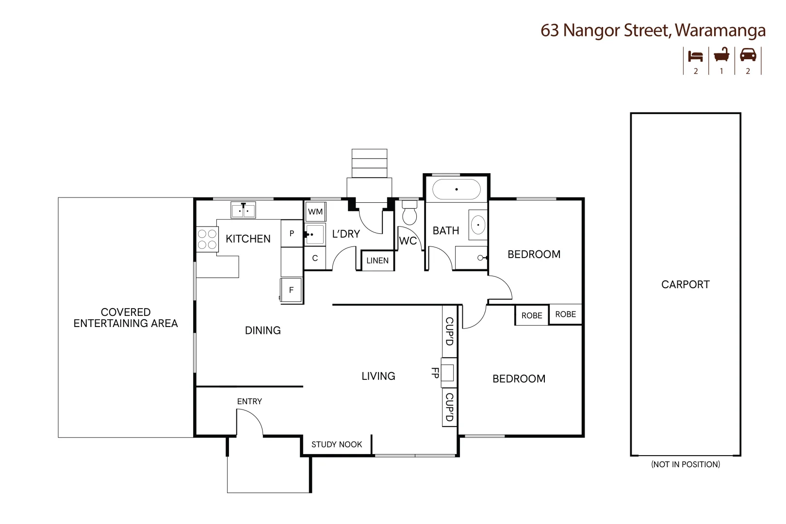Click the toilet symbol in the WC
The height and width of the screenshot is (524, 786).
(410, 213)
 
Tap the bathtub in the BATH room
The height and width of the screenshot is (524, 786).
(456, 189)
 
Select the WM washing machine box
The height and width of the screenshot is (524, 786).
(315, 212)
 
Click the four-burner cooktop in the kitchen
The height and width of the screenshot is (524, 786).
(207, 239)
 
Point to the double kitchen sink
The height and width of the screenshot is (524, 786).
(243, 211)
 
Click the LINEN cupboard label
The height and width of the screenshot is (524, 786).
(377, 261)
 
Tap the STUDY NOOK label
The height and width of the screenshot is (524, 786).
(337, 444)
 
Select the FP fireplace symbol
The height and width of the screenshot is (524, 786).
(448, 373)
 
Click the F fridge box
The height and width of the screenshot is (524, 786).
(291, 290)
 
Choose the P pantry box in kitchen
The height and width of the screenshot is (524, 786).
(292, 233)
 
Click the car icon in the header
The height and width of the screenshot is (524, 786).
(748, 55)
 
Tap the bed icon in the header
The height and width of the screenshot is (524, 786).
(695, 56)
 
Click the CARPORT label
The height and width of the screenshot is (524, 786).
(685, 285)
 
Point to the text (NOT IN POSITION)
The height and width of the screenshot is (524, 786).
(685, 464)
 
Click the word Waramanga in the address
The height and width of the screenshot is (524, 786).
(720, 31)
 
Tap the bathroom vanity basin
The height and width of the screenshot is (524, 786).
(478, 225)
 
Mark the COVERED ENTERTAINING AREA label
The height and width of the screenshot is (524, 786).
(126, 318)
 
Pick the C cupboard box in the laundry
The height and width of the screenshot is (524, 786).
(315, 258)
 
